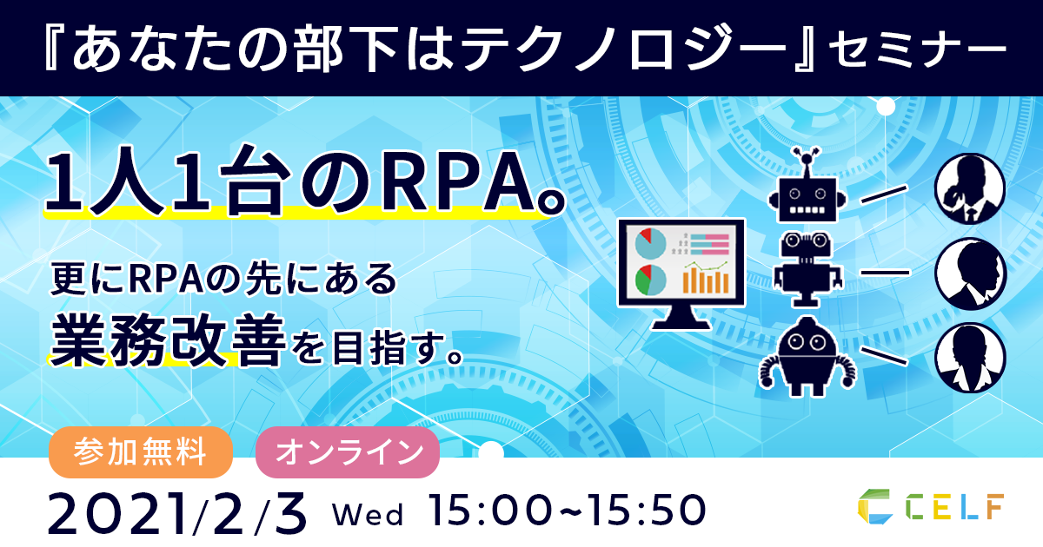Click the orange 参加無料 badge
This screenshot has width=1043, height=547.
pos(141,452)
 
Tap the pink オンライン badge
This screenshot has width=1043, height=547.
pos(348,452)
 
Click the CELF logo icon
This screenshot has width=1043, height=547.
pos(875,506)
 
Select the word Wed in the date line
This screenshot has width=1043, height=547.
pos(368,515)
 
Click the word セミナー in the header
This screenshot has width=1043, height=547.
pos(917,48)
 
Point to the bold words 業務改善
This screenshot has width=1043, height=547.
pos(168,339)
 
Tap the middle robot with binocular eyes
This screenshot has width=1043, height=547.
pos(807,270)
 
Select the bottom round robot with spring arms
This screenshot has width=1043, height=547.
pos(807,357)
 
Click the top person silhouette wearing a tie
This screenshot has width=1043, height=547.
pos(970,188)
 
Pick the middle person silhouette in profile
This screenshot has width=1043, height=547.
pos(972,273)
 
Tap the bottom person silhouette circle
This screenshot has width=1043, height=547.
pos(972,358)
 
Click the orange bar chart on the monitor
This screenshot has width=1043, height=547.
pos(706,280)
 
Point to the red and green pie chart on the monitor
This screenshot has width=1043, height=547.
pos(650,280)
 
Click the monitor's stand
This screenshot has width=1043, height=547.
pos(681,320)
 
